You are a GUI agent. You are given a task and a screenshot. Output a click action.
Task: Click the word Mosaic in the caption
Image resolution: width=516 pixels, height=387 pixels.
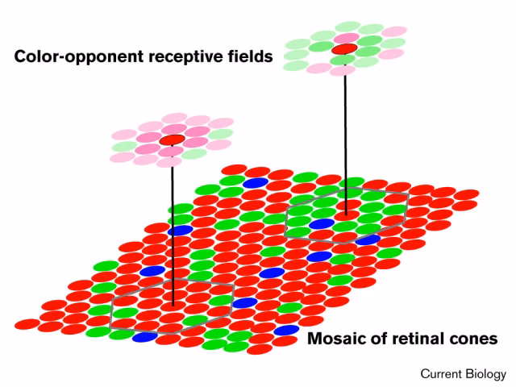click(338, 339)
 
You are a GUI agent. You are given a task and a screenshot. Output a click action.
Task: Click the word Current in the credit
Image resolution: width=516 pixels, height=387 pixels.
click(443, 374)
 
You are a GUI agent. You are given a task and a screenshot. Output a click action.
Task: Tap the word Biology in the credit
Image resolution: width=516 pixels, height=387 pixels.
click(487, 374)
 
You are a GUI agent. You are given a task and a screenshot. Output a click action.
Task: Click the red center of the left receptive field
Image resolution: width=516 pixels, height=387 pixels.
click(172, 140)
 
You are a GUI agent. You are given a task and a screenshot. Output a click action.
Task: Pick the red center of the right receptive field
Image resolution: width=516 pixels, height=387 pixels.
click(344, 50)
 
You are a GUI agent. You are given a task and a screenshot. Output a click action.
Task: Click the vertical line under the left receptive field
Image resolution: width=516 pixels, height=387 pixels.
click(173, 226)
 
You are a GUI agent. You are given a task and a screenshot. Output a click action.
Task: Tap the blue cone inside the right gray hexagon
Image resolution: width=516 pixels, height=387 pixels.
click(322, 223)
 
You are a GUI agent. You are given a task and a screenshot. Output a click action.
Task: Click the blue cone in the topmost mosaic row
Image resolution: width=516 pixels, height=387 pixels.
click(255, 183)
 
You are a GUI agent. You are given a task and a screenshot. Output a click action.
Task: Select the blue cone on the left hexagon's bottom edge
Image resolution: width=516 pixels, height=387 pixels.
click(145, 337)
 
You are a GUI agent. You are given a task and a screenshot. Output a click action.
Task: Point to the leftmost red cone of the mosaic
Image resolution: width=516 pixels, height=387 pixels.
click(27, 324)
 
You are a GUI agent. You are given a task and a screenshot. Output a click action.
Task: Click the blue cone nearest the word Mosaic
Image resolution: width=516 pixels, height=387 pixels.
click(285, 331)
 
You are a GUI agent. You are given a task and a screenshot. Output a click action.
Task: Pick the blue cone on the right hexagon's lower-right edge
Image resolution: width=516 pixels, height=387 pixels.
click(368, 239)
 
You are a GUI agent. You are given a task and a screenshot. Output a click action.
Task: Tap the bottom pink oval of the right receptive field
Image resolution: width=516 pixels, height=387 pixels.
click(342, 70)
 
